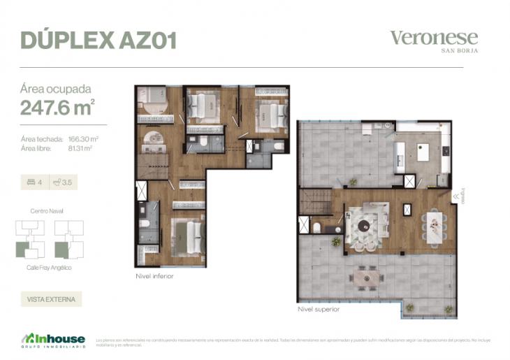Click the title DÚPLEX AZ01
click(98, 40)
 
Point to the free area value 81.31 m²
click(80, 148)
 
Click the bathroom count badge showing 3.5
click(64, 183)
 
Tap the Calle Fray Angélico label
click(49, 268)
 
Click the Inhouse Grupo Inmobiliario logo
click(53, 340)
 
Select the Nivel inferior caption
click(154, 276)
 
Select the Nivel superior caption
click(318, 308)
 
